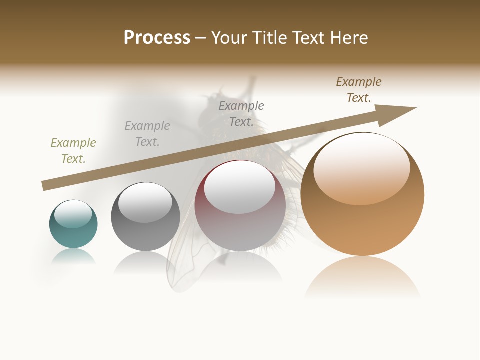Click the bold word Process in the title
(157, 37)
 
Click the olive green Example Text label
(73, 151)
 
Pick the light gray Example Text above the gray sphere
(147, 134)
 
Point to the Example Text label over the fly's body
(241, 114)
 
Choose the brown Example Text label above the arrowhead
(359, 90)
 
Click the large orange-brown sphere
(362, 225)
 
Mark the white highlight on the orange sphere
(362, 167)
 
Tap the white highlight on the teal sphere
(73, 214)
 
